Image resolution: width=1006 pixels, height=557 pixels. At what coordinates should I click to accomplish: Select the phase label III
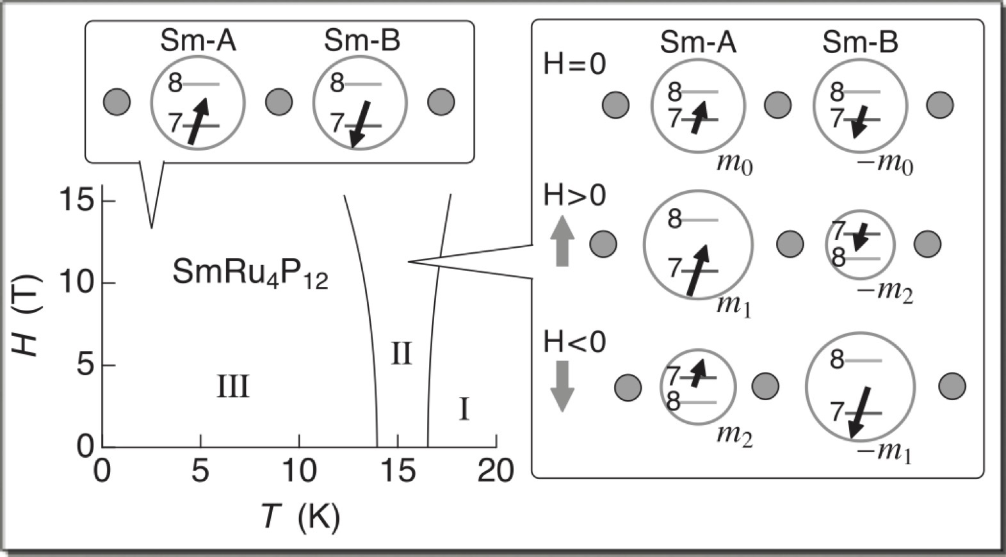(232, 387)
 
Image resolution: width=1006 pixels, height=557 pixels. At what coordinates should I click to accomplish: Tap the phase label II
(402, 353)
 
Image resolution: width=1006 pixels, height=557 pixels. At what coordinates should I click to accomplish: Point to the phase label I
(464, 410)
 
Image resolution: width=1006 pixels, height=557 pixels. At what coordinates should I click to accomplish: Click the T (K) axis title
(300, 516)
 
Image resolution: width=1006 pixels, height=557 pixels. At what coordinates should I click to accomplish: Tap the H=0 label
(574, 64)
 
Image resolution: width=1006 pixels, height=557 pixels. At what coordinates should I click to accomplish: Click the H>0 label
(574, 196)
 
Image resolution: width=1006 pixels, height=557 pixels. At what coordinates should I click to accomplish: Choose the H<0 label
(574, 343)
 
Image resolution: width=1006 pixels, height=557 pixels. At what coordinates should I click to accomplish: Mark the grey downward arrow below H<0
(562, 386)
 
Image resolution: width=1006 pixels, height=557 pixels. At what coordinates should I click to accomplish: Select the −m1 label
(884, 452)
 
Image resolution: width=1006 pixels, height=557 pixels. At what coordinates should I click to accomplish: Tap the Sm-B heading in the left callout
(362, 41)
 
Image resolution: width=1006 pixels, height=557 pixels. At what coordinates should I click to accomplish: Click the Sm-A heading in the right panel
(698, 42)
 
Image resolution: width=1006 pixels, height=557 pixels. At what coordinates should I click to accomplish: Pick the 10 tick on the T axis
(299, 471)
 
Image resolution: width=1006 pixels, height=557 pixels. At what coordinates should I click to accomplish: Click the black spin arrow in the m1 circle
(697, 270)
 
